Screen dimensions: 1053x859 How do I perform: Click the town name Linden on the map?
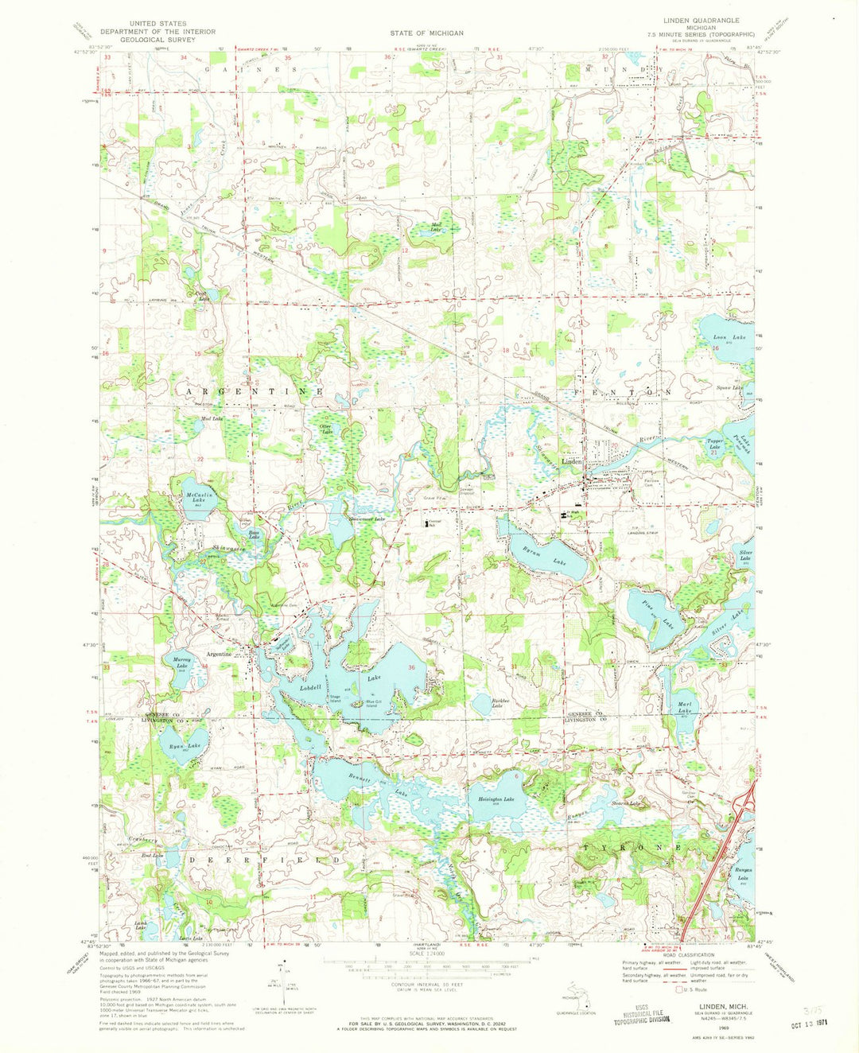(573, 461)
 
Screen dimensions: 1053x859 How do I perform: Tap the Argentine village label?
(219, 654)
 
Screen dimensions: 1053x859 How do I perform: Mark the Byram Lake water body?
(549, 557)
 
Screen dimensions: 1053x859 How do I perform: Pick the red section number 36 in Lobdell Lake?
(411, 666)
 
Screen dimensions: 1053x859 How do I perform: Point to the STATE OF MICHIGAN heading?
(426, 33)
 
